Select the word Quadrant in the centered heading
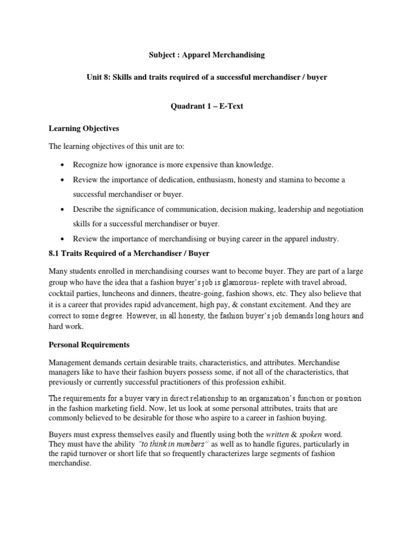pyautogui.click(x=187, y=106)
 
